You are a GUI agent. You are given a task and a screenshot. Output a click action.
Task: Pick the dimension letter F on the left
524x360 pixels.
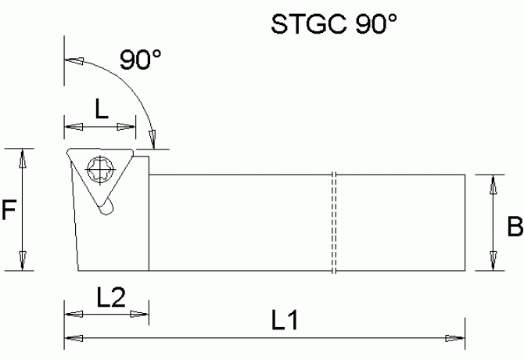pos(9,210)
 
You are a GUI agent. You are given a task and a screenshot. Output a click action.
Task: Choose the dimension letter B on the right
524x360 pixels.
pos(515,228)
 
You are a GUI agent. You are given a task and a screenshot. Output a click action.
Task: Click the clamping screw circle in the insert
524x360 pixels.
pos(101,167)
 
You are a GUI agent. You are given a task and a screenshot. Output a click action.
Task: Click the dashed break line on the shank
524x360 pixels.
pos(333,222)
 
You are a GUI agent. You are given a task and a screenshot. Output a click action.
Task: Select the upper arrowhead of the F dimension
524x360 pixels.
pos(23,157)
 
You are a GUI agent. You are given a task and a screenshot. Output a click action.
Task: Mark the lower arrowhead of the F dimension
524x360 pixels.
pos(23,261)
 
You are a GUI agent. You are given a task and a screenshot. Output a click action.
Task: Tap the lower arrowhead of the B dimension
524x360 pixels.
pos(493,261)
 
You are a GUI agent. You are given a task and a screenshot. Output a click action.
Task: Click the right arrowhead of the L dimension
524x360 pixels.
pos(126,127)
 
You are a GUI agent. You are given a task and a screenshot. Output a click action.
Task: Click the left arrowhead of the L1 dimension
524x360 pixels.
pos(73,338)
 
